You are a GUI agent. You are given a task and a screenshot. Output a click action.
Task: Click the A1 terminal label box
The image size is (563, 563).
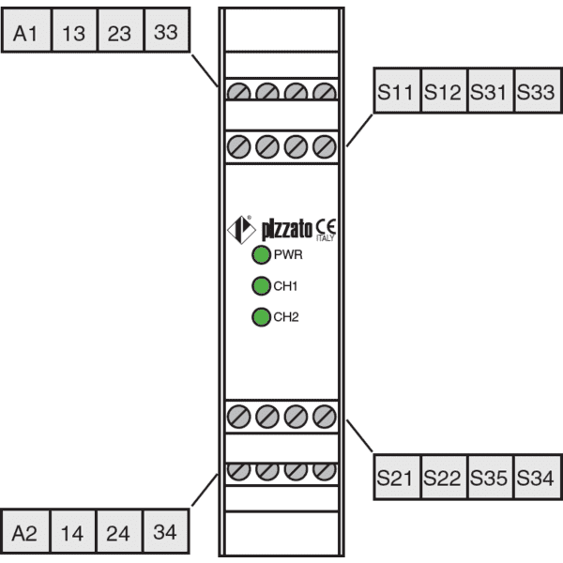[x=26, y=30]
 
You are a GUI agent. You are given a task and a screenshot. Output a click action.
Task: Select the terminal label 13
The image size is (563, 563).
[x=74, y=30]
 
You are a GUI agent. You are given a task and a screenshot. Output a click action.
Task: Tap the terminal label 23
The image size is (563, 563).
[x=121, y=30]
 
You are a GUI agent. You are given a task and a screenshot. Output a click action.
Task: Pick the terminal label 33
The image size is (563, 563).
[x=167, y=30]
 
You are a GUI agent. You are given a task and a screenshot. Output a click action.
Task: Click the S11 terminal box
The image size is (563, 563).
[x=397, y=90]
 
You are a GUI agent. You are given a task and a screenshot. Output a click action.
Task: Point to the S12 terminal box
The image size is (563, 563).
[x=444, y=90]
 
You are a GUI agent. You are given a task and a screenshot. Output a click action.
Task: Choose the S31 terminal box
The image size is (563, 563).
[x=491, y=90]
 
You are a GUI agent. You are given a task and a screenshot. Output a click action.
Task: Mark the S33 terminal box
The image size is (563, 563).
[x=538, y=90]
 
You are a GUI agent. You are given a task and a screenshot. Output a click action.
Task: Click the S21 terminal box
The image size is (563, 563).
[x=397, y=477]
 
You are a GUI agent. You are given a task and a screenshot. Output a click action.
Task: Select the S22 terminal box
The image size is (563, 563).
[x=444, y=477]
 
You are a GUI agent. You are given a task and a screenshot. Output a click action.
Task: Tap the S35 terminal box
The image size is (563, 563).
[x=491, y=477]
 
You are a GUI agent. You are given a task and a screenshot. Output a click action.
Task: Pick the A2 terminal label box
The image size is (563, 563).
[x=25, y=531]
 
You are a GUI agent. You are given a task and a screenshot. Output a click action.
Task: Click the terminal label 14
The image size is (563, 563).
[x=73, y=531]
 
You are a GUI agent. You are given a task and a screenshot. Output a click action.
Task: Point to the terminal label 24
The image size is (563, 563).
[x=119, y=531]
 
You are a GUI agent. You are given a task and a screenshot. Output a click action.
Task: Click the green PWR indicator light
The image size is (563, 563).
[x=261, y=255]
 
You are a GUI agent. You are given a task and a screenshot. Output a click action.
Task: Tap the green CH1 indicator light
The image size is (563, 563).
[x=261, y=286]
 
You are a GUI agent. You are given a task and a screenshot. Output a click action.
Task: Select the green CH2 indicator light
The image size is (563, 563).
[x=261, y=317]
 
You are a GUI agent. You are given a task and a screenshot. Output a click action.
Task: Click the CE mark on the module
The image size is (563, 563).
[x=326, y=226]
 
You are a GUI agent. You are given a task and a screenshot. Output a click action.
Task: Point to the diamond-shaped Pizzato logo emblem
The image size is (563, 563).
[x=242, y=230]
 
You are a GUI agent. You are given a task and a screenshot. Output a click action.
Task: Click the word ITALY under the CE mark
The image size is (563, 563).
[x=326, y=238]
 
